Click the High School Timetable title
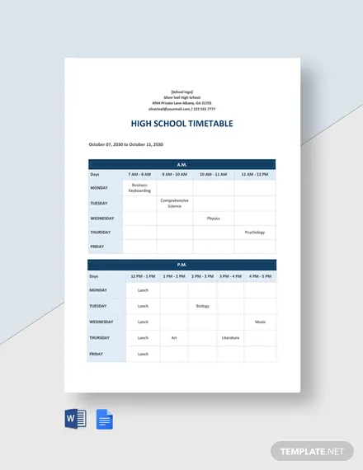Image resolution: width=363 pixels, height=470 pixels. [182, 124]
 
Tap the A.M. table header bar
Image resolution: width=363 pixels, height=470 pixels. [182, 164]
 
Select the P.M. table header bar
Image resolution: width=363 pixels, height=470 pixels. [182, 265]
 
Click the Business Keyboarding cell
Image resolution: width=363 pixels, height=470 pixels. [139, 188]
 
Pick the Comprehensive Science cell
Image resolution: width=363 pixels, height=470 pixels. [174, 203]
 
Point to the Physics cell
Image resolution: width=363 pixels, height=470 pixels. [213, 219]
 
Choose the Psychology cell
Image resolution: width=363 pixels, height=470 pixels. [255, 233]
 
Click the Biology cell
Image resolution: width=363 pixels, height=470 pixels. [202, 306]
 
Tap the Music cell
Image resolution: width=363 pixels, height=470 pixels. [261, 322]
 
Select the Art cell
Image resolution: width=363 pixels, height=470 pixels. [174, 337]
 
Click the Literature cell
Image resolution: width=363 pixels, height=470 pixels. [230, 337]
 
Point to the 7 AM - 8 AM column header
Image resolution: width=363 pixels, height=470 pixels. [139, 175]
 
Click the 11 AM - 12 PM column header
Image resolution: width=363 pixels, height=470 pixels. [255, 175]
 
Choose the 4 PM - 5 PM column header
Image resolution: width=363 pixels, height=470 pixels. [261, 276]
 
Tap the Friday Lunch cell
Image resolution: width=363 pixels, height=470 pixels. [143, 354]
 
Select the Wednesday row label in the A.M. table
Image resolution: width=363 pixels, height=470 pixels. [102, 219]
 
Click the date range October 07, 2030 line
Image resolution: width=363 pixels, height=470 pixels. [126, 144]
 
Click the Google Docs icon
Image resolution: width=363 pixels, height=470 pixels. [105, 419]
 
